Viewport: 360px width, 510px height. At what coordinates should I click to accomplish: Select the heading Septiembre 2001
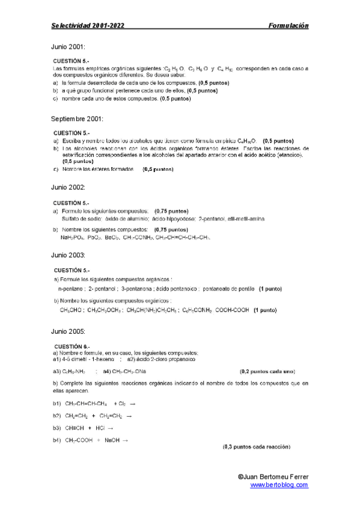pos(78,118)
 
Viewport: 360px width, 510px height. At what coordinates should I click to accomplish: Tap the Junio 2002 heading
pos(68,188)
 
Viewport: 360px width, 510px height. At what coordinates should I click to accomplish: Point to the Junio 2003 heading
pos(68,256)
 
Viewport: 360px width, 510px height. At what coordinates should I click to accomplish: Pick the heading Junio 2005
pos(68,331)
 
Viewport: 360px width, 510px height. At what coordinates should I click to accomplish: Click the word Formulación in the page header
pos(288,26)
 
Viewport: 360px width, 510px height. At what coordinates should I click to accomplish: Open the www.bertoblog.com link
pos(279,485)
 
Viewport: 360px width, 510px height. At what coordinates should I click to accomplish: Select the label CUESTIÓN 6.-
pos(72,347)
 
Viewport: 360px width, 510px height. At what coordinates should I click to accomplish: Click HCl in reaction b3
pos(100,428)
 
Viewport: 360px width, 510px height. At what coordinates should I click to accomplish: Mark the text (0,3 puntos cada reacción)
pos(257,447)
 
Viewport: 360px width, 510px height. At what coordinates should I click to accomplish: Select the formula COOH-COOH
pos(231,311)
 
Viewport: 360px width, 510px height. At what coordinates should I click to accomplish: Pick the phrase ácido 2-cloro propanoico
pos(161,359)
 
